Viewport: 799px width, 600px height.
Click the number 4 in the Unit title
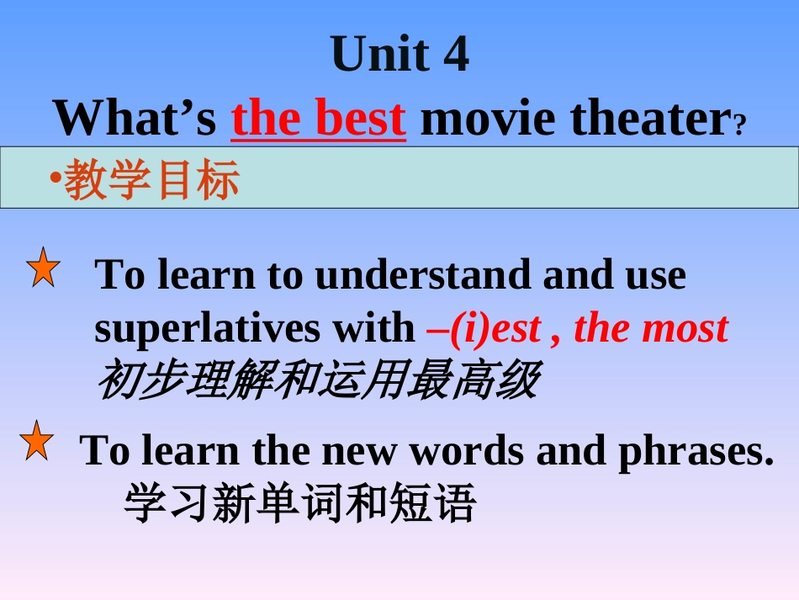454,56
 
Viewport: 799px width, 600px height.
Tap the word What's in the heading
135,118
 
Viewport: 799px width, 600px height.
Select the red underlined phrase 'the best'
319,119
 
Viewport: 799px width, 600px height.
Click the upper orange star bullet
43,268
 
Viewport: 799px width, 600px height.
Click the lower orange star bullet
37,442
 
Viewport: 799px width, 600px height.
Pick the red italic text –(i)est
484,328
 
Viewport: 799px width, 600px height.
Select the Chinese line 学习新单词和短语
299,503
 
